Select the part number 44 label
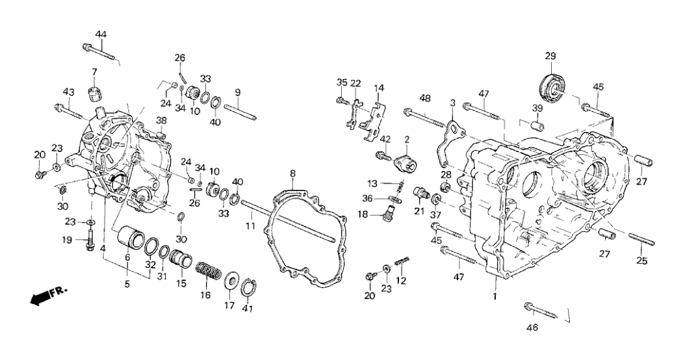pos(101,34)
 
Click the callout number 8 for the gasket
pos(292,174)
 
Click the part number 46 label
pos(532,328)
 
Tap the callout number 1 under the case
pos(495,297)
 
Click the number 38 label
pos(161,120)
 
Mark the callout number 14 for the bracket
pos(379,88)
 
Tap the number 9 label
pos(238,92)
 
